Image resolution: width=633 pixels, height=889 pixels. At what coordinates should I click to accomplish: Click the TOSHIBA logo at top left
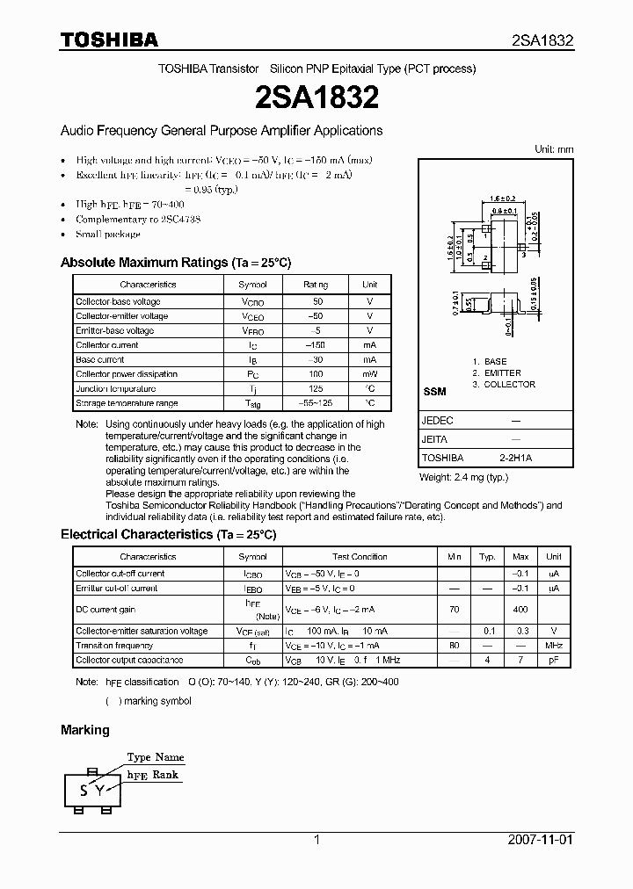coord(109,40)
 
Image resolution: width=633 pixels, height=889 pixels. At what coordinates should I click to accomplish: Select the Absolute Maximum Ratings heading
coord(176,263)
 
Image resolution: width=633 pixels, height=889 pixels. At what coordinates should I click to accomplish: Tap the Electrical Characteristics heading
coord(168,534)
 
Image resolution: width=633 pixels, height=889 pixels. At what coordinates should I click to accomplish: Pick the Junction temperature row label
coord(116,388)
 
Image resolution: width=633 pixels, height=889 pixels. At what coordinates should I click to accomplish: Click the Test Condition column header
coord(360,557)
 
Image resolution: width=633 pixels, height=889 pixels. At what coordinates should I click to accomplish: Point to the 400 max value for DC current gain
coord(520,609)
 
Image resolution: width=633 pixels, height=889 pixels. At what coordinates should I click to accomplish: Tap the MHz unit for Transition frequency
coord(554,646)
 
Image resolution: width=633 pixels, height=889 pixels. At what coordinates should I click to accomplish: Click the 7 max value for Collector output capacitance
coord(520,660)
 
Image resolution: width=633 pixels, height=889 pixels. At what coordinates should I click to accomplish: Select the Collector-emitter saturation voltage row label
coord(142,631)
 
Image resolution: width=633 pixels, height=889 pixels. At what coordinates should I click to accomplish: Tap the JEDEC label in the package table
coord(438,421)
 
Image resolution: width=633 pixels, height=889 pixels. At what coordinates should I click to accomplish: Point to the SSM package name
coord(434,391)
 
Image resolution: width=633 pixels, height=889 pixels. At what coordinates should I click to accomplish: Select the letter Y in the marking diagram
coord(100,790)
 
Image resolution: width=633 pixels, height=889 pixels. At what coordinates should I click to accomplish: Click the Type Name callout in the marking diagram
coord(155,756)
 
